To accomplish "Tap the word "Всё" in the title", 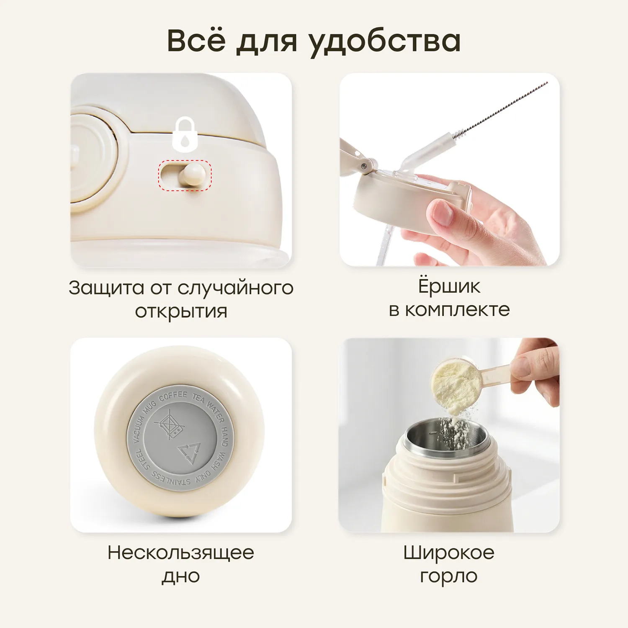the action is pyautogui.click(x=196, y=40).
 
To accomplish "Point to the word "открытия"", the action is pyautogui.click(x=181, y=311).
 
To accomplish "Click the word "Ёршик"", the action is pyautogui.click(x=449, y=286).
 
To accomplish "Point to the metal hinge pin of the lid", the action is pyautogui.click(x=365, y=166).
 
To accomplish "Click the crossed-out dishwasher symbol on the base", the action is pyautogui.click(x=169, y=424).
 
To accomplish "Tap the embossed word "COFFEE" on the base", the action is pyautogui.click(x=172, y=396).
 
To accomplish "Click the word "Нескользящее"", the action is pyautogui.click(x=181, y=553).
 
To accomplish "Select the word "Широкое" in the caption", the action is pyautogui.click(x=449, y=553).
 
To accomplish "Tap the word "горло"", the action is pyautogui.click(x=449, y=577).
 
